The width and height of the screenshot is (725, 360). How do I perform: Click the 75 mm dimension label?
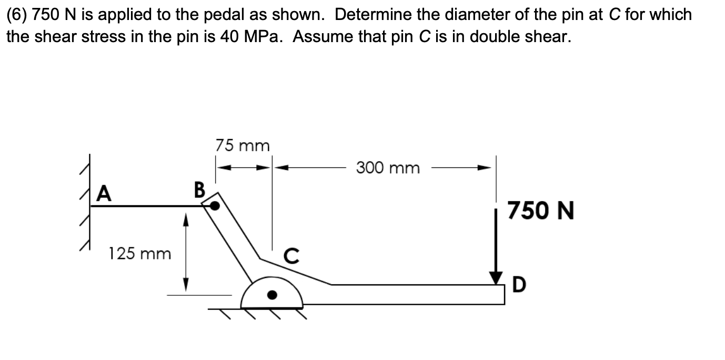coord(243,145)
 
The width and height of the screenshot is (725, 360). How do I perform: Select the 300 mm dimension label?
coord(388,168)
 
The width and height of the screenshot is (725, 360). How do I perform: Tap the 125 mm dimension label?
coord(140,254)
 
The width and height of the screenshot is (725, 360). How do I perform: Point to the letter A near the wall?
coord(105,194)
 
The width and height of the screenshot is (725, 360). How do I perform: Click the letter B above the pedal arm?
coord(199,188)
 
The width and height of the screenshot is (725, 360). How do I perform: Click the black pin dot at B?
coord(215,206)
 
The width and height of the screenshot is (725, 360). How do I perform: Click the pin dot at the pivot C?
coord(272,295)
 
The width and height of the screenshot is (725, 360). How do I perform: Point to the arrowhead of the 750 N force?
coord(496,278)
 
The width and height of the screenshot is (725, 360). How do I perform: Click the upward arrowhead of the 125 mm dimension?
coord(185,217)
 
